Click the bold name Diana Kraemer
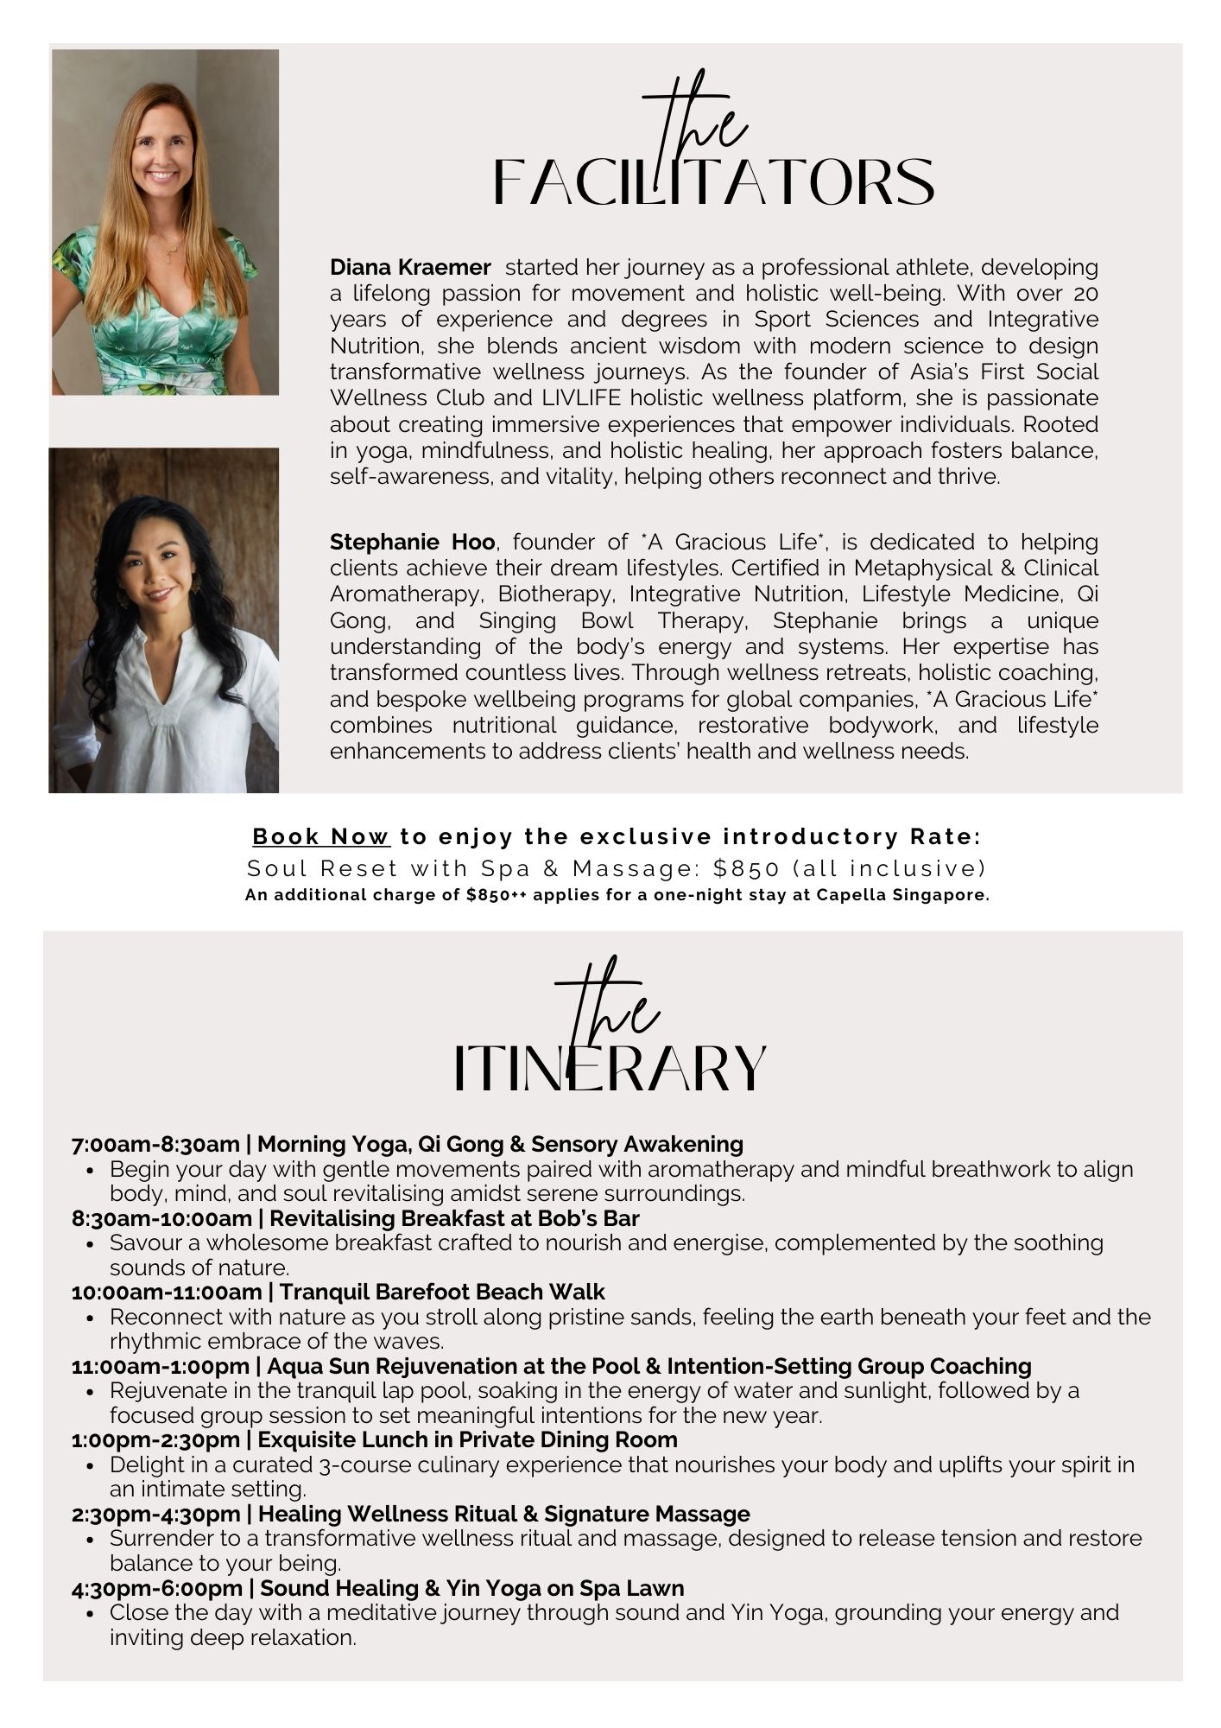coord(410,267)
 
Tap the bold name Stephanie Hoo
coord(412,543)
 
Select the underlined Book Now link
coord(321,837)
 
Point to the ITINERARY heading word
coord(610,1069)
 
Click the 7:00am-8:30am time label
coord(155,1145)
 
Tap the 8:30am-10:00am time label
coord(160,1218)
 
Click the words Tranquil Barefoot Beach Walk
coord(442,1293)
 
